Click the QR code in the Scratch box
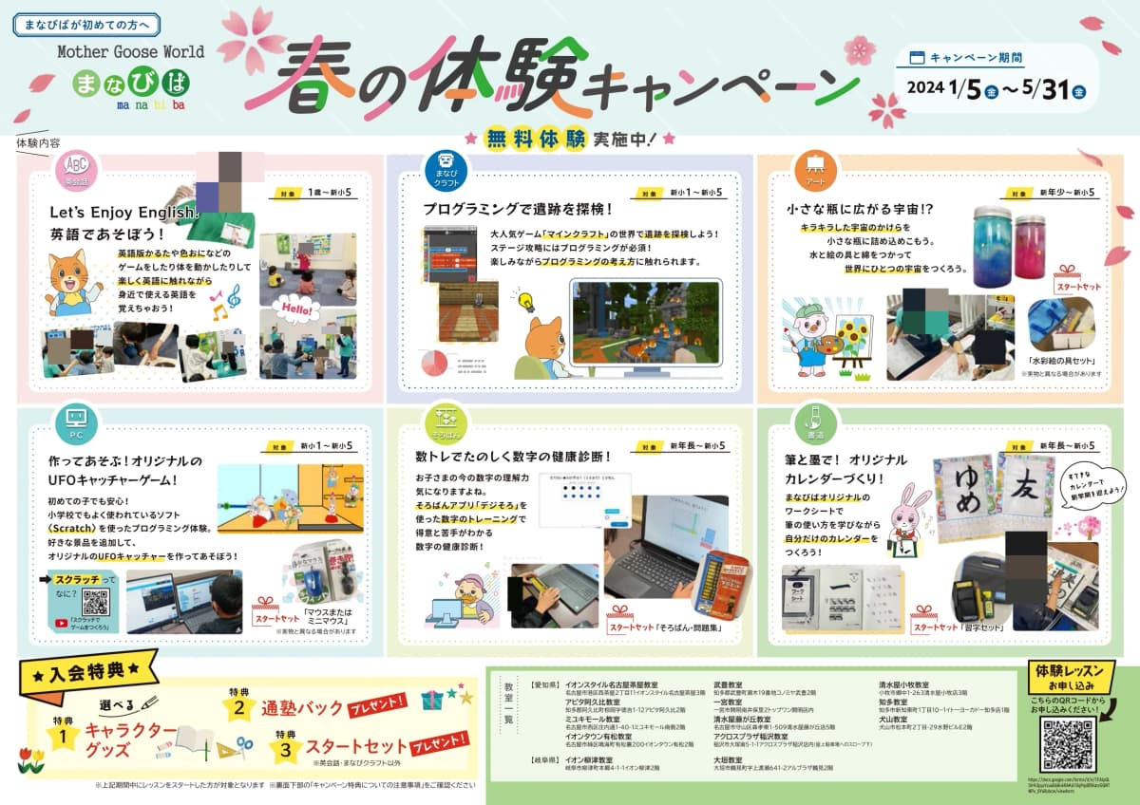(x=96, y=603)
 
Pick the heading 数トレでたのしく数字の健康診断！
(x=513, y=457)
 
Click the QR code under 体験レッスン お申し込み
(x=1069, y=743)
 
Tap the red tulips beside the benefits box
(x=31, y=759)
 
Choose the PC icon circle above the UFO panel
(x=75, y=418)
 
